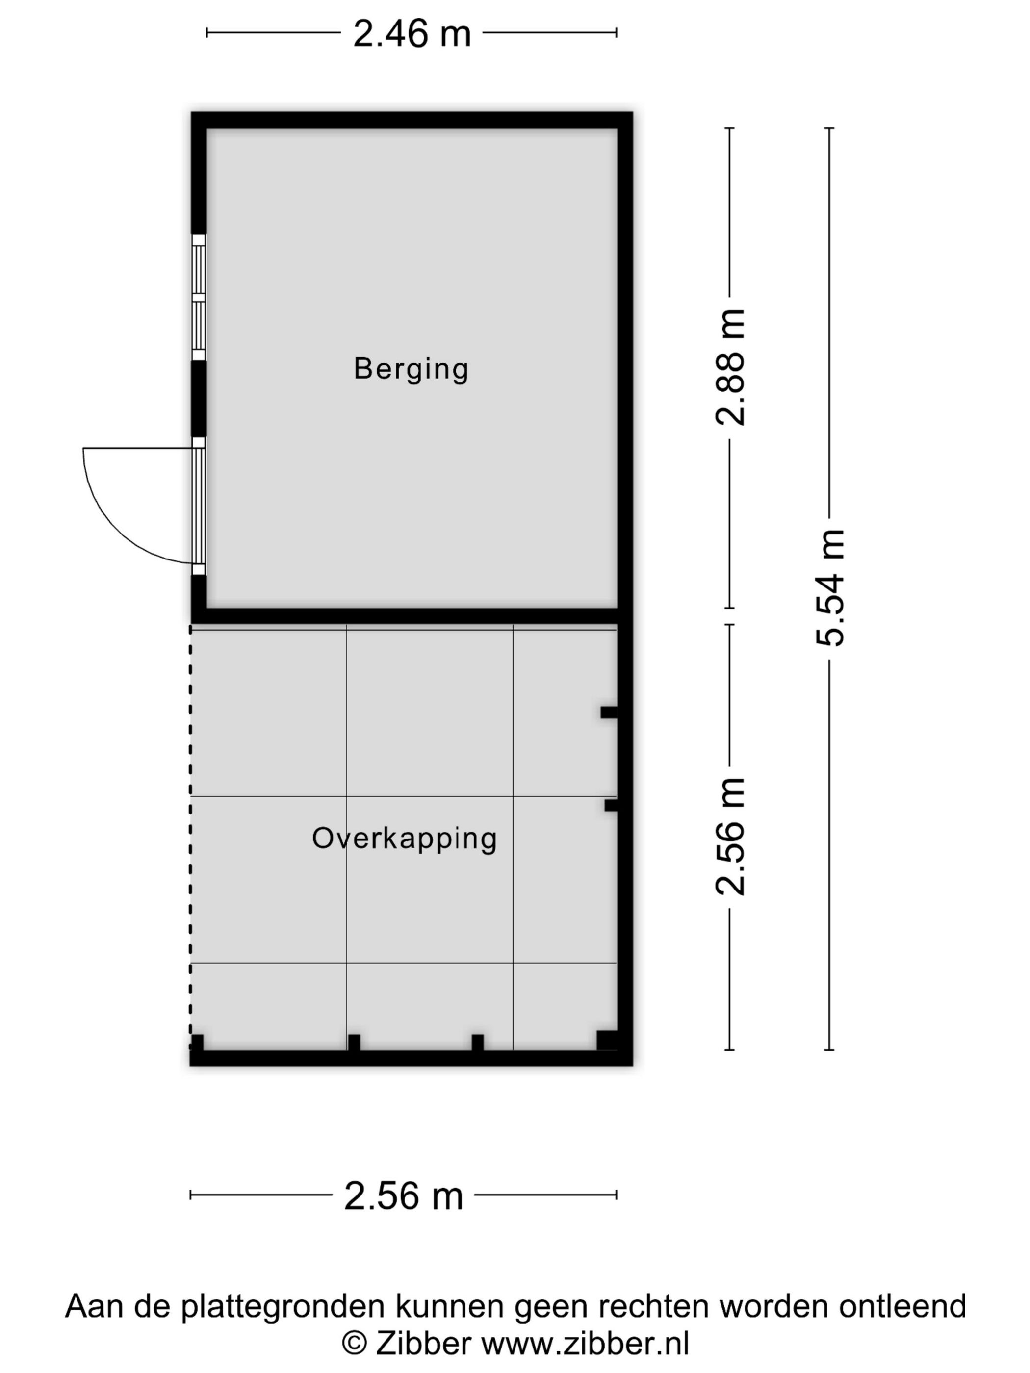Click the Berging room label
point(411,369)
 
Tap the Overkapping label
point(404,839)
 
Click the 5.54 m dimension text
point(830,588)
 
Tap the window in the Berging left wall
point(198,297)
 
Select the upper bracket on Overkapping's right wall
point(609,712)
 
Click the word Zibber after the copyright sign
point(423,1345)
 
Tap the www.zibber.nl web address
point(586,1345)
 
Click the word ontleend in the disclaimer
point(903,1307)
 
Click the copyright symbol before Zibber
point(355,1345)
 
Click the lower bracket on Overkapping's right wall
point(611,805)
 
